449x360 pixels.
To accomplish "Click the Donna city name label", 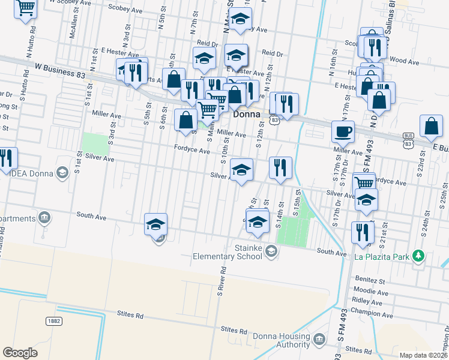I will click(246, 114).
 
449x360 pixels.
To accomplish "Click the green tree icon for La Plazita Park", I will click(419, 257).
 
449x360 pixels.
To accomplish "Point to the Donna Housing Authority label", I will click(281, 340).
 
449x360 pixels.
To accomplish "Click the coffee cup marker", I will click(343, 131).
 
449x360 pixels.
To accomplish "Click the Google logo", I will click(20, 352).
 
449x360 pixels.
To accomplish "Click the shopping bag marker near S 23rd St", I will click(431, 127).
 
